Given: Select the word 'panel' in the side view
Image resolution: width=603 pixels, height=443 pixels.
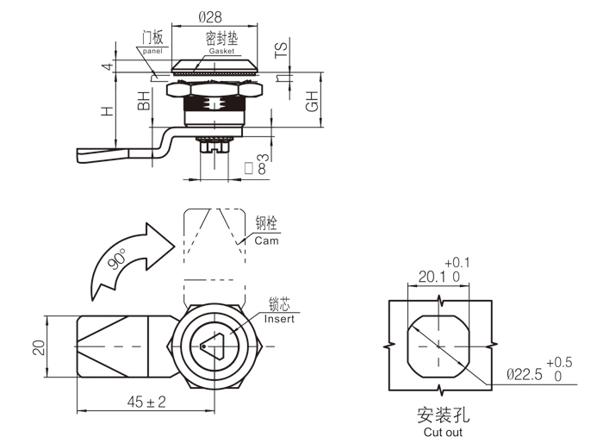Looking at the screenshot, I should point(152,52).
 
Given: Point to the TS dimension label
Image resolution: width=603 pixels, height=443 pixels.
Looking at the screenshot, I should point(282,51).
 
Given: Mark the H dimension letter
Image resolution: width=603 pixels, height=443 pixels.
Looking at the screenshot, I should point(107,112).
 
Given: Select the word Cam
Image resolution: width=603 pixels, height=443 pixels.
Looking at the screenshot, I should point(266,240).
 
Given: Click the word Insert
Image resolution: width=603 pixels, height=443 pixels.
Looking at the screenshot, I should point(279,319).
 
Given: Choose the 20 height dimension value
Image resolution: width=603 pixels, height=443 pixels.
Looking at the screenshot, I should point(38,347).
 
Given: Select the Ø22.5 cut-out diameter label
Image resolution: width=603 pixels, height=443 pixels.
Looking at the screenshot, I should point(524,374).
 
